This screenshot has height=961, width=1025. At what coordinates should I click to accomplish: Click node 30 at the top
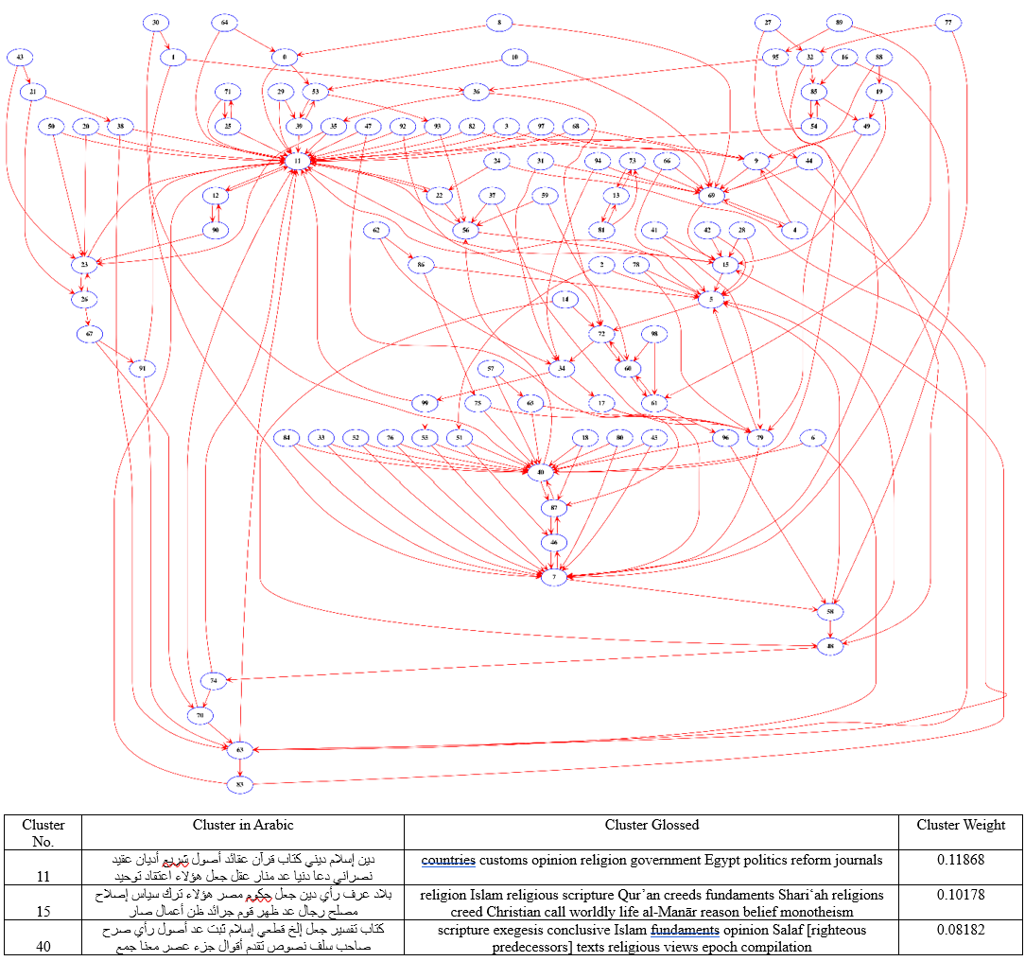(x=157, y=22)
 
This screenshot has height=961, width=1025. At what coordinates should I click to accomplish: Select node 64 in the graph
(x=225, y=22)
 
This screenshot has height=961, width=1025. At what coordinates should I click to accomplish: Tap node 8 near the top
(x=498, y=22)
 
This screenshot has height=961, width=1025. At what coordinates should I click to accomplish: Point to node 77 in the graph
(x=947, y=22)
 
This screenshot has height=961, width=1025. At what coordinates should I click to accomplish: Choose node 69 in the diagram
(x=712, y=194)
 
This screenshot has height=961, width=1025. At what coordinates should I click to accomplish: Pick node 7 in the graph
(x=555, y=575)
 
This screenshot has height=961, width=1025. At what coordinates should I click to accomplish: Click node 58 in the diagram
(x=830, y=611)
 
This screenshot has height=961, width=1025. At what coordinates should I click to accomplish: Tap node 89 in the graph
(x=839, y=22)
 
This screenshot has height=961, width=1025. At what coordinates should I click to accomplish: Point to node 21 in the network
(x=33, y=92)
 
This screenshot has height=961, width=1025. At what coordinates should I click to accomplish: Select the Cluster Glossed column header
(x=651, y=825)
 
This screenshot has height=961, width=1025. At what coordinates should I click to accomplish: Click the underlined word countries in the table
(x=448, y=861)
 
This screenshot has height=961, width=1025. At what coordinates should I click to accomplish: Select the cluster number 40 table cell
(x=43, y=946)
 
